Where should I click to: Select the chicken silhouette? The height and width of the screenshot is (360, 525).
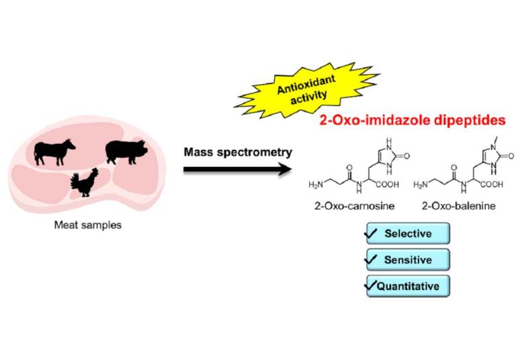[x=86, y=182]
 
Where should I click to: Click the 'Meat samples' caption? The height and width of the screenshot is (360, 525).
[x=87, y=225]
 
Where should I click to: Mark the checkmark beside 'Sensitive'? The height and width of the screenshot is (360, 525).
[x=371, y=258]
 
